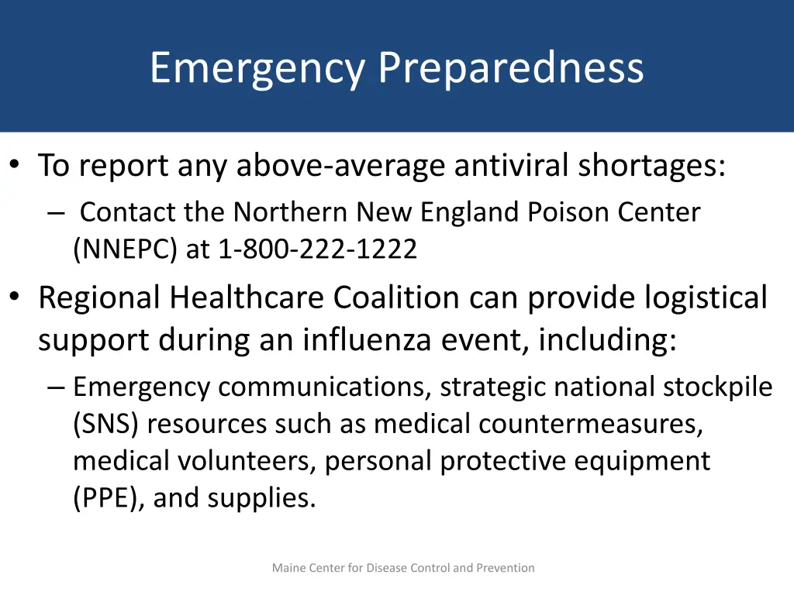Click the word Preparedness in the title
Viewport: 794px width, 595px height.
(x=511, y=68)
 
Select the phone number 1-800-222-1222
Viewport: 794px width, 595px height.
(x=318, y=249)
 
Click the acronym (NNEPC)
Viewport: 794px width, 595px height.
(x=126, y=249)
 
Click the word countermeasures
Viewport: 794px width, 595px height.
(x=591, y=424)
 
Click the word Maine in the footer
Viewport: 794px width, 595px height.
(x=288, y=568)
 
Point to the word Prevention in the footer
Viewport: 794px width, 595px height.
(x=505, y=568)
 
